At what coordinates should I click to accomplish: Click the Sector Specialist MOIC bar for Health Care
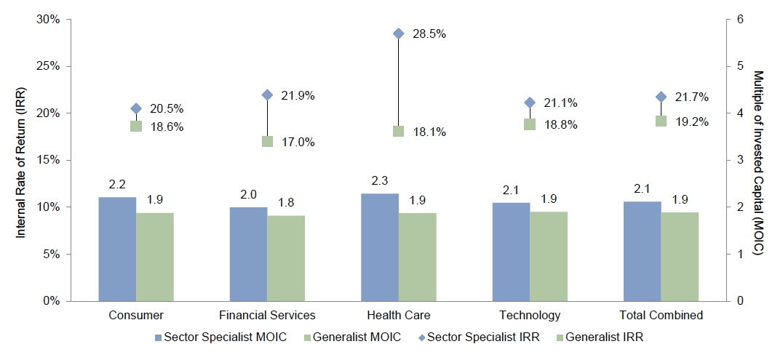click(379, 247)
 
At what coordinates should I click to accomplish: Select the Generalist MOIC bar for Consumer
click(155, 257)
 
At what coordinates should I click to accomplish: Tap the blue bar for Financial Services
click(248, 254)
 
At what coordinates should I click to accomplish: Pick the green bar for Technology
click(548, 256)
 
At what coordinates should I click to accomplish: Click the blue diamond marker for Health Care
click(398, 33)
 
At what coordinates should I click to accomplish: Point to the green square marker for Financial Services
click(267, 142)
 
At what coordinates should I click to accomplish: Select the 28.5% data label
click(429, 34)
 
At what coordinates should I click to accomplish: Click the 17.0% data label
click(298, 143)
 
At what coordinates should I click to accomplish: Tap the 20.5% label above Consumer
click(167, 109)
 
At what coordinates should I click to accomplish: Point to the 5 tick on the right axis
click(740, 66)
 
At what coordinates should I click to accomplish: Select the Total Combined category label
click(660, 316)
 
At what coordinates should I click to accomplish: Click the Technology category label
click(529, 316)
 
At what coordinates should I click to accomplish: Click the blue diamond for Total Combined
click(661, 97)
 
